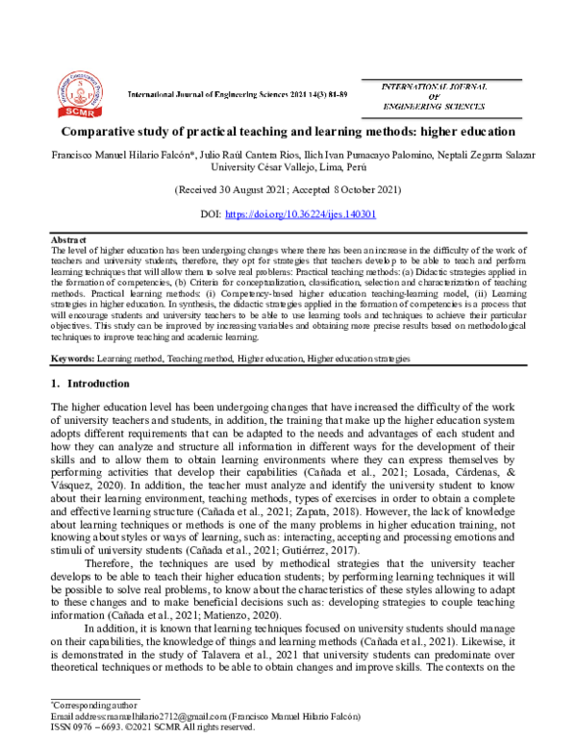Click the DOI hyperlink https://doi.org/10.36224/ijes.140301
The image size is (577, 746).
coord(318,213)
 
